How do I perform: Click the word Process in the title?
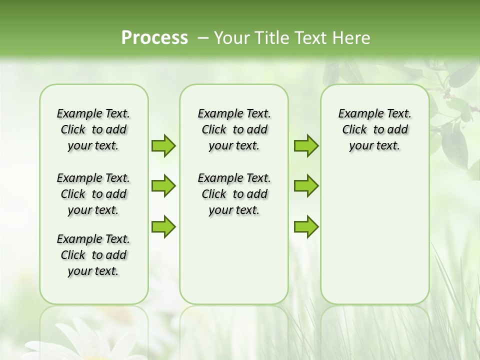point(154,38)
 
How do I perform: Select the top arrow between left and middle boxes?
point(163,145)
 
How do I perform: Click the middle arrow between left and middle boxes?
point(163,186)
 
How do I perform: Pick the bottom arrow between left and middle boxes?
point(163,226)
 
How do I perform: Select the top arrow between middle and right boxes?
point(306,145)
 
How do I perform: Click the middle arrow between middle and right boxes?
point(306,186)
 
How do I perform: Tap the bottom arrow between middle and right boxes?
point(306,226)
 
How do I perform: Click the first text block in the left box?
point(93,129)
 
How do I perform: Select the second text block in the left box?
point(93,194)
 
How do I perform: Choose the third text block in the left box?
point(93,255)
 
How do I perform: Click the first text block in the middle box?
point(234,129)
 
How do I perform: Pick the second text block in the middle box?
point(234,194)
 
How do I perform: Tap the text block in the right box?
point(374,129)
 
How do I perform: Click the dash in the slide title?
point(203,38)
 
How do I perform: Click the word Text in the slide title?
point(308,38)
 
